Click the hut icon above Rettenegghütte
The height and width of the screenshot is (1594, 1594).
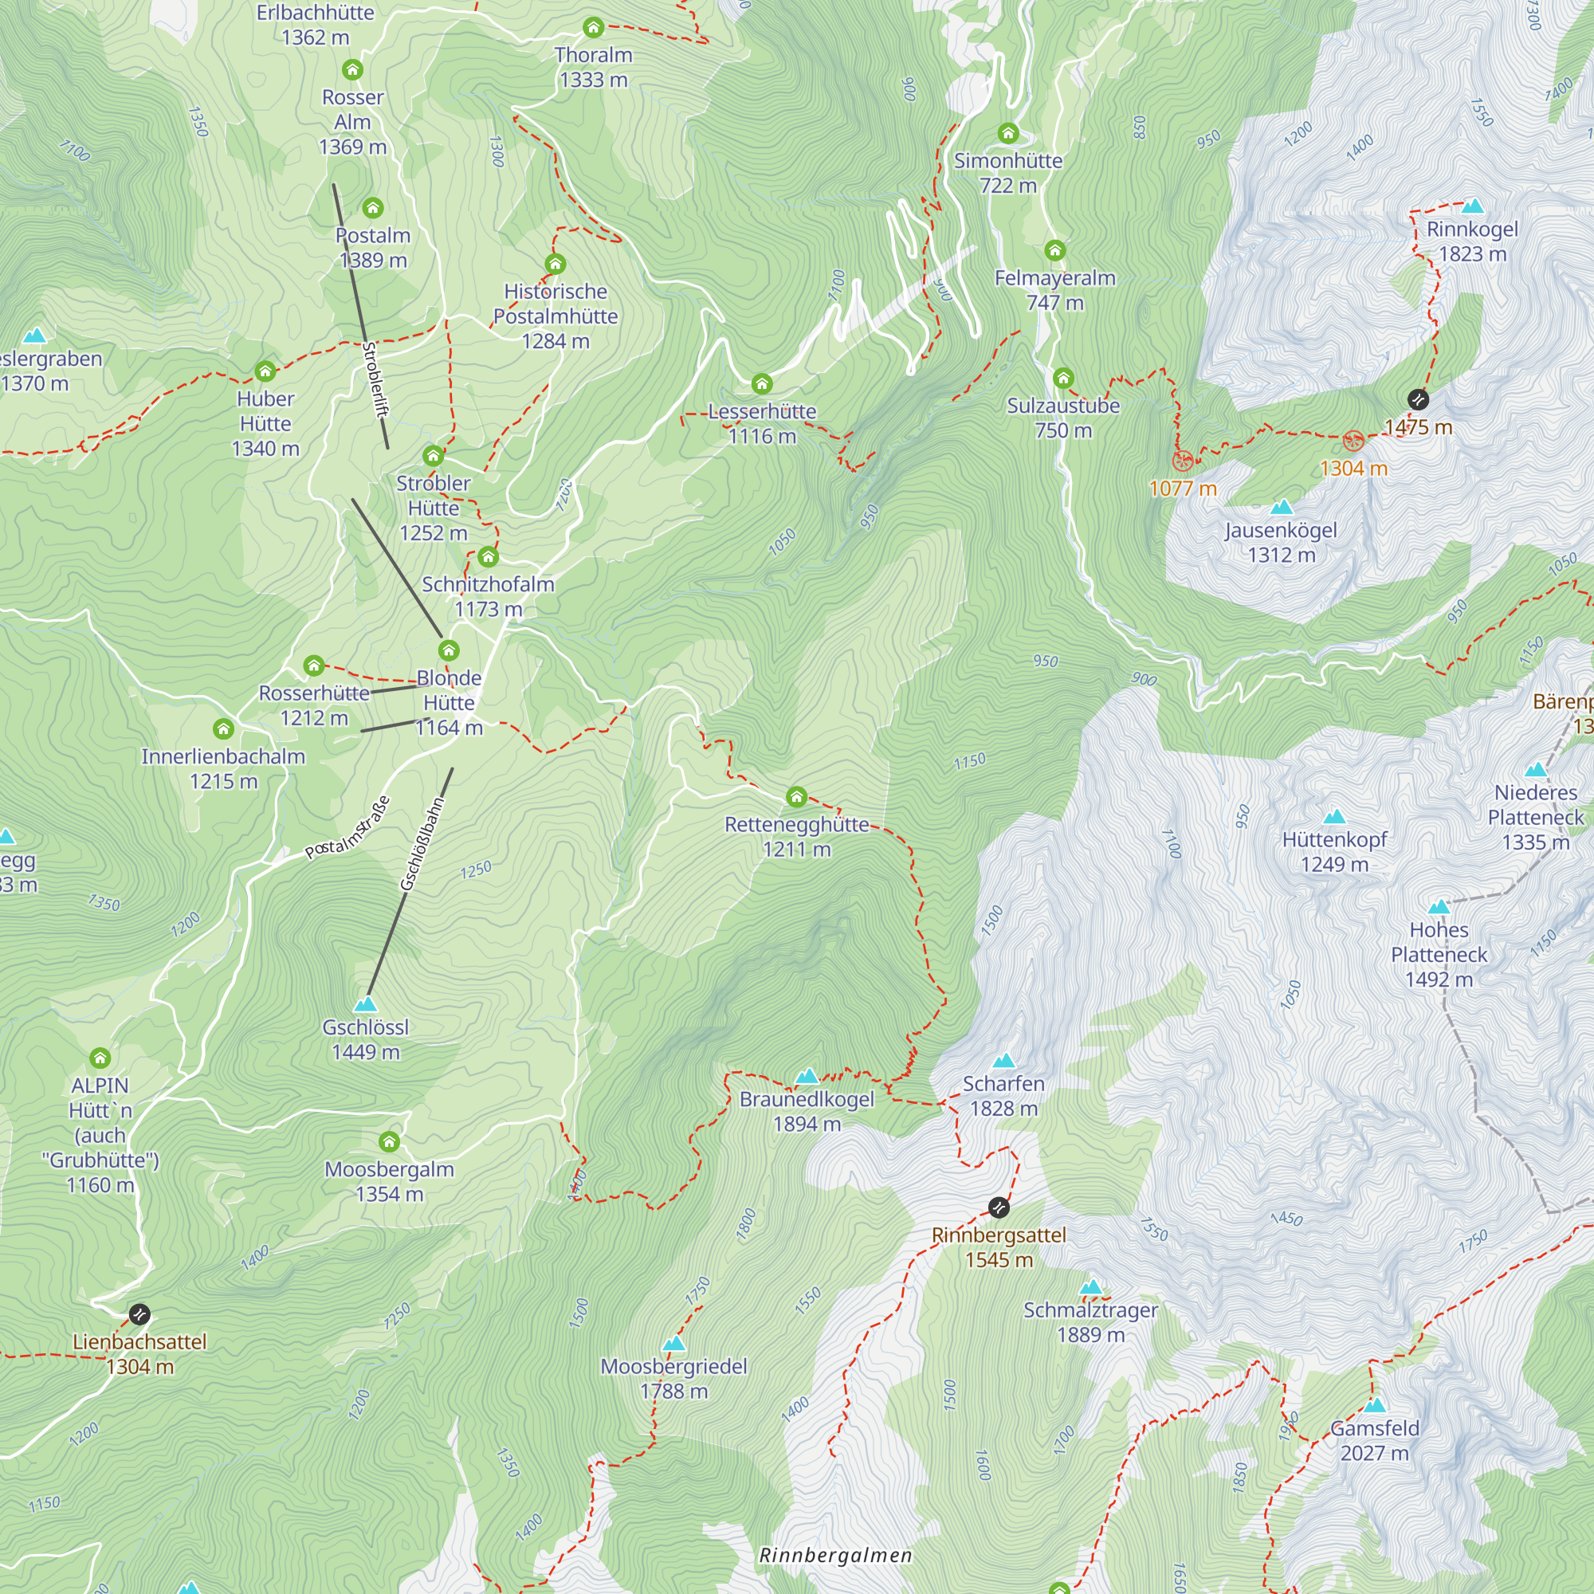pyautogui.click(x=796, y=796)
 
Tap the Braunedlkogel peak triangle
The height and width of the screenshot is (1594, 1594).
pyautogui.click(x=807, y=1076)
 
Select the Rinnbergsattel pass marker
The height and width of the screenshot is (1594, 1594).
pyautogui.click(x=999, y=1208)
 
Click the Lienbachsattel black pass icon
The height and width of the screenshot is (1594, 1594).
pyautogui.click(x=139, y=1313)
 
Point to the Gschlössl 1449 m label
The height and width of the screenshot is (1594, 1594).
pyautogui.click(x=366, y=1039)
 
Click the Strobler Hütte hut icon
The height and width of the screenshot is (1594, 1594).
pyautogui.click(x=433, y=455)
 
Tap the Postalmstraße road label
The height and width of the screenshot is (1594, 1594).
pyautogui.click(x=347, y=827)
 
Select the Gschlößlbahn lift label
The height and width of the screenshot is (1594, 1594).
pyautogui.click(x=422, y=843)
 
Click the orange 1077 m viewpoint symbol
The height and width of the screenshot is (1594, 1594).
pyautogui.click(x=1183, y=461)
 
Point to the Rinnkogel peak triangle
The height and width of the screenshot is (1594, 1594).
pyautogui.click(x=1473, y=206)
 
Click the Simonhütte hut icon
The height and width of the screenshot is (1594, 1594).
pyautogui.click(x=1008, y=133)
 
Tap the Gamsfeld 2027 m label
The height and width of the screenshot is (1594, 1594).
pyautogui.click(x=1375, y=1439)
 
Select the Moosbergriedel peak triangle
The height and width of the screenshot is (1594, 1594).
pyautogui.click(x=674, y=1344)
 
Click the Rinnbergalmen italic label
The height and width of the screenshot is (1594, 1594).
pyautogui.click(x=835, y=1555)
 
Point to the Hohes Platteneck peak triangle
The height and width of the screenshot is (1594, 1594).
pyautogui.click(x=1439, y=907)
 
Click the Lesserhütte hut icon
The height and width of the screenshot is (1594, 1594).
pyautogui.click(x=761, y=383)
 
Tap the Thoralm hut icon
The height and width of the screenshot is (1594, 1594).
pyautogui.click(x=593, y=27)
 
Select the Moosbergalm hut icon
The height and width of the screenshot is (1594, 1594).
pyautogui.click(x=390, y=1141)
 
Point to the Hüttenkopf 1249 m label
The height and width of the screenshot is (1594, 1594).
pyautogui.click(x=1334, y=851)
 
